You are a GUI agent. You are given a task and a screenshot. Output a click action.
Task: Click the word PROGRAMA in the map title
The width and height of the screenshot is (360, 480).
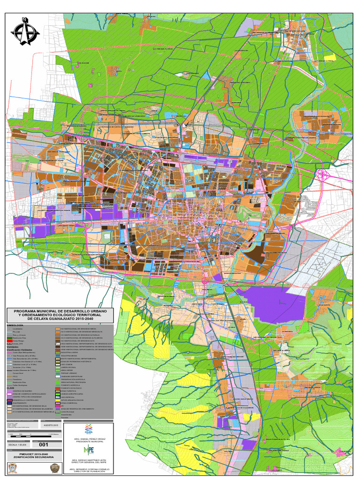[27, 311]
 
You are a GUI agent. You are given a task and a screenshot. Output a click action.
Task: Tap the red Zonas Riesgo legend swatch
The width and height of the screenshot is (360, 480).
[9, 341]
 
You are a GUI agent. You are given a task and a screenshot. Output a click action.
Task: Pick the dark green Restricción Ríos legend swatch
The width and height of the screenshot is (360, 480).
[9, 337]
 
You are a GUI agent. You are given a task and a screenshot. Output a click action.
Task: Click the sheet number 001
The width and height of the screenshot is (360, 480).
[43, 444]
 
